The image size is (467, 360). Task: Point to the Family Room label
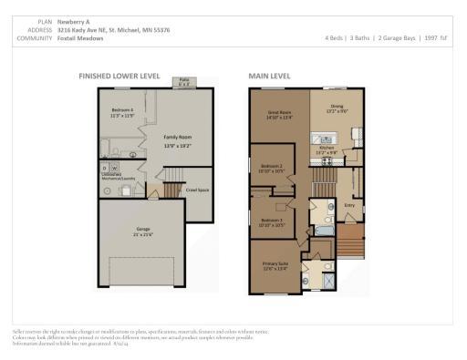177,138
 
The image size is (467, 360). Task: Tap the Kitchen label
327,149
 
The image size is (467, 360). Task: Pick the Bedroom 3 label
273,221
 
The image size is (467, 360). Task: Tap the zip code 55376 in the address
159,29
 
